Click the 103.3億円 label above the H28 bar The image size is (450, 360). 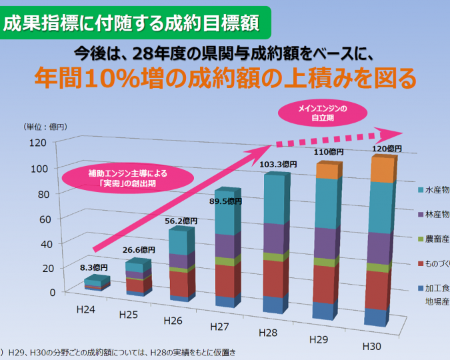coord(277,164)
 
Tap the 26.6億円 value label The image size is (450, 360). coord(139,250)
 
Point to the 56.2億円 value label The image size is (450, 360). coord(182,221)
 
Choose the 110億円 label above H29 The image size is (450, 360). coord(329,152)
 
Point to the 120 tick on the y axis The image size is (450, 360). coord(37,142)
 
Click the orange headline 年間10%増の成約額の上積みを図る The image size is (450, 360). coord(225,78)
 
